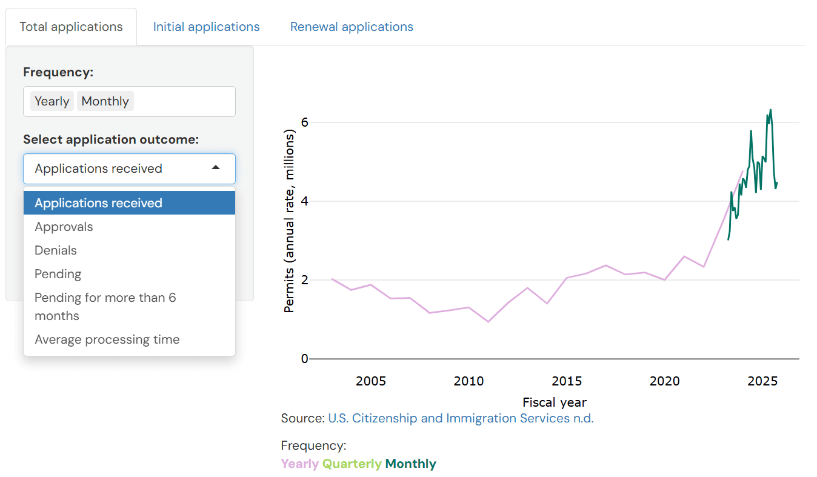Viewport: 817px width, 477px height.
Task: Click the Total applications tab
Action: [x=71, y=27]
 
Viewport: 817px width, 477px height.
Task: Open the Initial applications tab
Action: [x=206, y=27]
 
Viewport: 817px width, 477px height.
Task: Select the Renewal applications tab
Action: [x=352, y=27]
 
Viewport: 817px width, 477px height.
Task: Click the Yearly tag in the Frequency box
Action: [x=52, y=101]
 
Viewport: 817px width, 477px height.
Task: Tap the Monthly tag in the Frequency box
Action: [x=105, y=101]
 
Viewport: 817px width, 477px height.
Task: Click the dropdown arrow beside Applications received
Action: [x=215, y=168]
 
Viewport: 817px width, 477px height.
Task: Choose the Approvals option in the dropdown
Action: [x=64, y=227]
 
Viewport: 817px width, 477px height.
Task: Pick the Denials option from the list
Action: [x=56, y=250]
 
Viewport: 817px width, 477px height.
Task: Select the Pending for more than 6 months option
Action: [x=105, y=307]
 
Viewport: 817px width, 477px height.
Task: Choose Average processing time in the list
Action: [x=107, y=339]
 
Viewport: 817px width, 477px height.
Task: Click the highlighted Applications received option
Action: [x=98, y=203]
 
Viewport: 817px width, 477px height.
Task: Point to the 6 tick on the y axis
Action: [x=305, y=122]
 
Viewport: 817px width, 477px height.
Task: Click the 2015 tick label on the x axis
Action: [x=567, y=381]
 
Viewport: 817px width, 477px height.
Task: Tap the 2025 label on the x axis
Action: [x=762, y=381]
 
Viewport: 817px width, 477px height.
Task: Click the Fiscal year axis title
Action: [x=555, y=402]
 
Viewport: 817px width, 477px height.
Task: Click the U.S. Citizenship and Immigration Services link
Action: [x=461, y=418]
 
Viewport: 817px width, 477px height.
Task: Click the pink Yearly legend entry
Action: [x=299, y=464]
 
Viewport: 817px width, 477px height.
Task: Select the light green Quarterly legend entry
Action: [x=352, y=464]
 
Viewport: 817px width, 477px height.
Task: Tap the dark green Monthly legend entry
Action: [x=410, y=464]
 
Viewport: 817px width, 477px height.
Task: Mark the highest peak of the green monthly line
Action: [x=770, y=110]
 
